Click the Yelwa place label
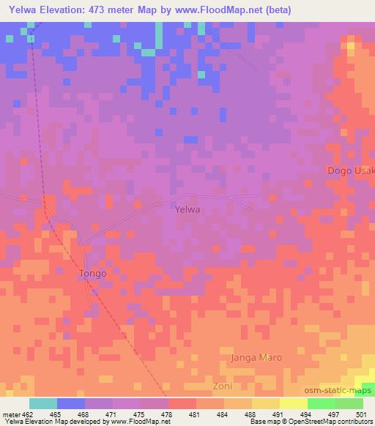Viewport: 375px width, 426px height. tap(188, 209)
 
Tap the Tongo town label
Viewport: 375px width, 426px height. tap(92, 274)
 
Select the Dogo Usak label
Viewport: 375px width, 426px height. tap(351, 171)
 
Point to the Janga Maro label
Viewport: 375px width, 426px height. tap(256, 358)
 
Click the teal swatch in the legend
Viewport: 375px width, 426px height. tap(43, 403)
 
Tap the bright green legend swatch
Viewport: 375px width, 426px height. tap(321, 403)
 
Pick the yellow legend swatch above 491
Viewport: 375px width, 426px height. tap(294, 403)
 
